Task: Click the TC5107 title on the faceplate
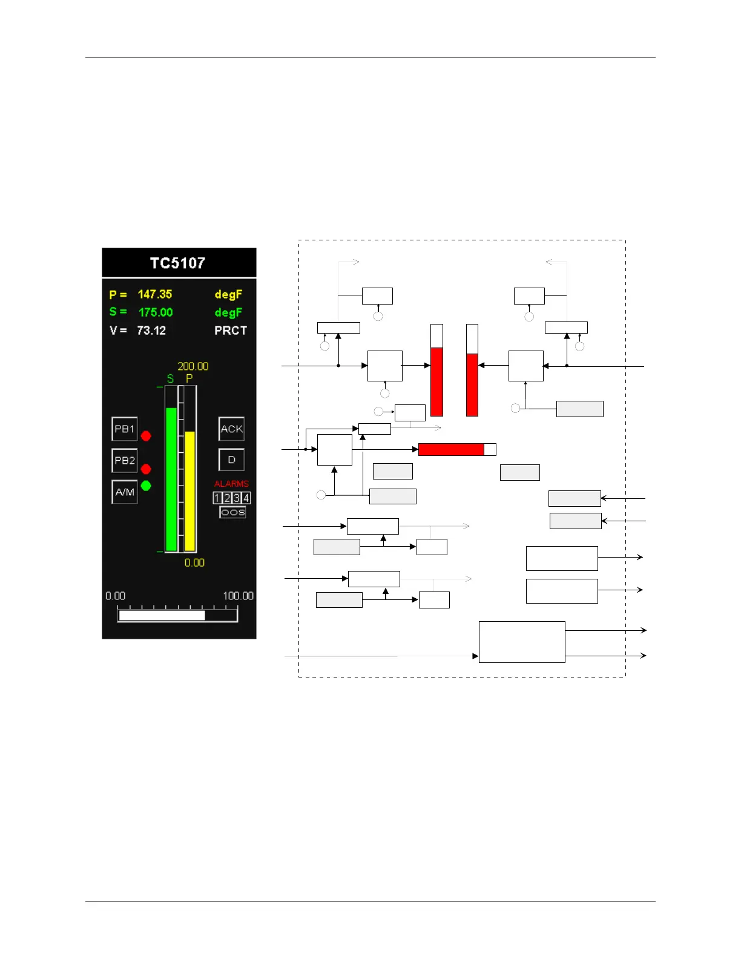(178, 263)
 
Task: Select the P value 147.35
(155, 294)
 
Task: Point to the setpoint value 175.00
(156, 312)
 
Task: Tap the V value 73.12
(151, 331)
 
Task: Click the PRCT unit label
(231, 331)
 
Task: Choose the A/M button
(125, 492)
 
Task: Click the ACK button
(231, 429)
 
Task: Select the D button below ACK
(231, 460)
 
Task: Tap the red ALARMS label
(231, 484)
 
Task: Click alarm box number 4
(246, 498)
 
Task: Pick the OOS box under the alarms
(232, 512)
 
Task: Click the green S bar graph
(171, 479)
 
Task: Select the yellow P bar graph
(189, 490)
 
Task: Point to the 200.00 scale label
(193, 366)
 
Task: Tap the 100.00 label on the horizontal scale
(238, 596)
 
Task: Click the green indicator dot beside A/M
(146, 486)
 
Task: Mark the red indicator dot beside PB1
(146, 436)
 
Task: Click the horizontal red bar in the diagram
(451, 449)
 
